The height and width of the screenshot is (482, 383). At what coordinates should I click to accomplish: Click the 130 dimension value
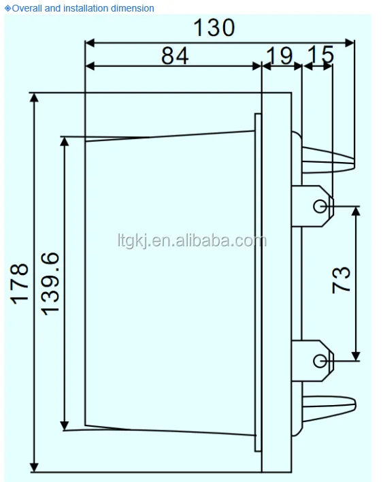214,28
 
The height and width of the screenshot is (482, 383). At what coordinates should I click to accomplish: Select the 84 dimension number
175,56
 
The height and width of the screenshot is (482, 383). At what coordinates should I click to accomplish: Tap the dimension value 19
279,56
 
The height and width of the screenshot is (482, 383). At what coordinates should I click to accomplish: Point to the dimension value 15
320,54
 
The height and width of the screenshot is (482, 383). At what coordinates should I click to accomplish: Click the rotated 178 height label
20,284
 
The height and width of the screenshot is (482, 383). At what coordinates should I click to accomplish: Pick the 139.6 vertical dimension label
50,284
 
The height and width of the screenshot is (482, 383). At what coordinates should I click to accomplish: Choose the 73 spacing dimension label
342,280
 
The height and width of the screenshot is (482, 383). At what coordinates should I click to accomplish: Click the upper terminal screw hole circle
320,206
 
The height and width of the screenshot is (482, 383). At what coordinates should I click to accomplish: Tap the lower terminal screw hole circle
320,361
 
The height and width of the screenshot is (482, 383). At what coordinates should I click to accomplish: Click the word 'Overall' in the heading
27,8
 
